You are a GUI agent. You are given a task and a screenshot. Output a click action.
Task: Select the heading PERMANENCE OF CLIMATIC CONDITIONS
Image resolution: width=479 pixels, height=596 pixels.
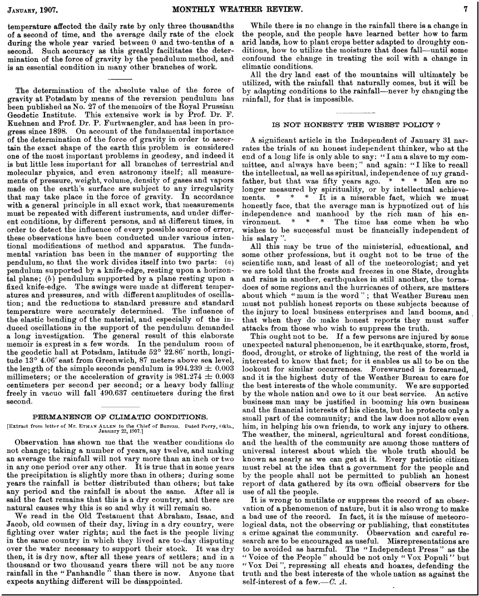121,416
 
